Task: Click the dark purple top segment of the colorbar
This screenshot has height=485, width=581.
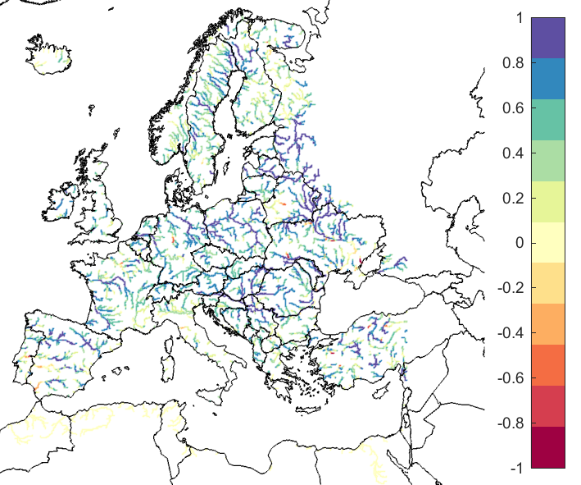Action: point(548,38)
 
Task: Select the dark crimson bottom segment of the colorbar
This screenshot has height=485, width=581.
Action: point(548,447)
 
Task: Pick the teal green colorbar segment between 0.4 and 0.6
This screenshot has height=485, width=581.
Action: point(548,120)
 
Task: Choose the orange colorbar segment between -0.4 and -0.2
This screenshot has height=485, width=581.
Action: point(548,324)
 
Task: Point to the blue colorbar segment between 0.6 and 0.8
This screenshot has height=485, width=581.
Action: point(548,79)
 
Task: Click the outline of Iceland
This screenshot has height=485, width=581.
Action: point(51,54)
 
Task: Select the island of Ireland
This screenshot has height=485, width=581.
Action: point(61,201)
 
